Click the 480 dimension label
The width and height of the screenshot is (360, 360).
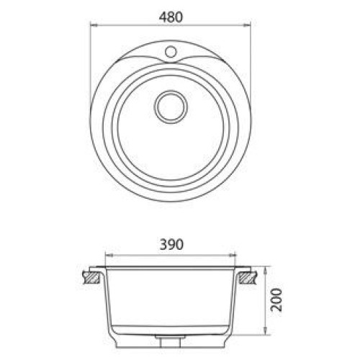pos(171,17)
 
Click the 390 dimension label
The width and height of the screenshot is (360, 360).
pos(171,245)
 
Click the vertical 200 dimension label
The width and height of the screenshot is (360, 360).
pos(276,300)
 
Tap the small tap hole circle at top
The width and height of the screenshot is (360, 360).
pos(171,51)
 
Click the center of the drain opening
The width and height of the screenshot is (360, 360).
pos(171,107)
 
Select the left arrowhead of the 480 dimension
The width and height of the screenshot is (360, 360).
pos(94,24)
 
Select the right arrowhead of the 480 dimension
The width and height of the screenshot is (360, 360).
pos(247,24)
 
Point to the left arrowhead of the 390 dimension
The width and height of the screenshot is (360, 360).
pos(109,256)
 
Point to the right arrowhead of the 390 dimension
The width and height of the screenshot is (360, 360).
pos(233,256)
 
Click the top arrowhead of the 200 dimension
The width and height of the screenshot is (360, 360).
pos(265,270)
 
